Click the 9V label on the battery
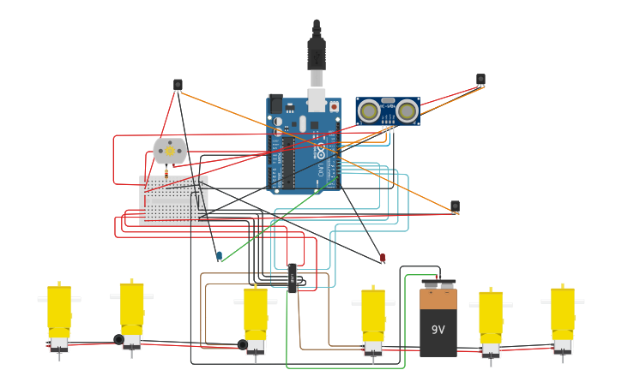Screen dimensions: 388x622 point(438,330)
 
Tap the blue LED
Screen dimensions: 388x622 point(219,255)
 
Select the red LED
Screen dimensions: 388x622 point(383,257)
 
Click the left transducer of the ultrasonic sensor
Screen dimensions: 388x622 point(369,110)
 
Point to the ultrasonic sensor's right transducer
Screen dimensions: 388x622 point(407,110)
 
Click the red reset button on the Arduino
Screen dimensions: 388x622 point(334,106)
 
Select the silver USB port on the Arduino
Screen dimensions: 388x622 point(317,101)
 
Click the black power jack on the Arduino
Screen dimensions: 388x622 point(276,104)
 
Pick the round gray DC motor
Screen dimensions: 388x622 point(170,152)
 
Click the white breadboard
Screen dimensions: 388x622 point(173,200)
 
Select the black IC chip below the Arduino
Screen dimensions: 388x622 point(293,278)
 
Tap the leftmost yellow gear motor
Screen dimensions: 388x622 point(59,313)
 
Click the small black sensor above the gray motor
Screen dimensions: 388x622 point(178,85)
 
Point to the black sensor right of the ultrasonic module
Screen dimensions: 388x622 point(480,80)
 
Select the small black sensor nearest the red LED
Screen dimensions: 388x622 point(455,206)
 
